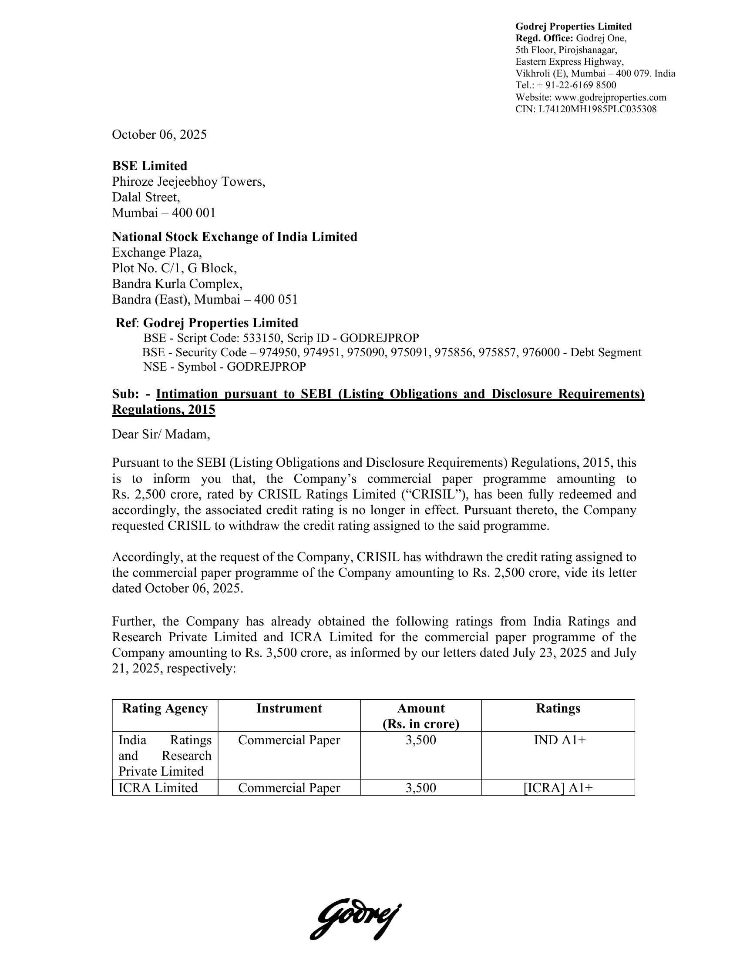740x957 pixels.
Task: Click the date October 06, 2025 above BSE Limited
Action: [x=159, y=134]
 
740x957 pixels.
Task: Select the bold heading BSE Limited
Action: [x=149, y=166]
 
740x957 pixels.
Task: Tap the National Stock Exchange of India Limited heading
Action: [x=235, y=237]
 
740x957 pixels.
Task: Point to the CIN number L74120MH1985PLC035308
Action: [x=598, y=109]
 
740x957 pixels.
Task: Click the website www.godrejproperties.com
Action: [x=610, y=97]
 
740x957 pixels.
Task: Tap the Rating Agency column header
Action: [x=165, y=709]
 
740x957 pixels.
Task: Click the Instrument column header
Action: [x=289, y=709]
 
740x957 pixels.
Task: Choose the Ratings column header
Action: [x=558, y=709]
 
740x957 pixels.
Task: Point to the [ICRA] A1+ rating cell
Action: [x=558, y=788]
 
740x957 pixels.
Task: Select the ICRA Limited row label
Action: [x=158, y=788]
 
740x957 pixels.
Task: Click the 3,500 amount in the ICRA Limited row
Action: [x=421, y=788]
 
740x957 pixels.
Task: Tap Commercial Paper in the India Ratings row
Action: [x=289, y=740]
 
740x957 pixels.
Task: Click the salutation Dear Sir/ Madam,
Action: [x=161, y=434]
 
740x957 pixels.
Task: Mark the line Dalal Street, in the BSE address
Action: [x=146, y=197]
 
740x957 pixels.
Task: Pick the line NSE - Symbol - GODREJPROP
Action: [x=225, y=367]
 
